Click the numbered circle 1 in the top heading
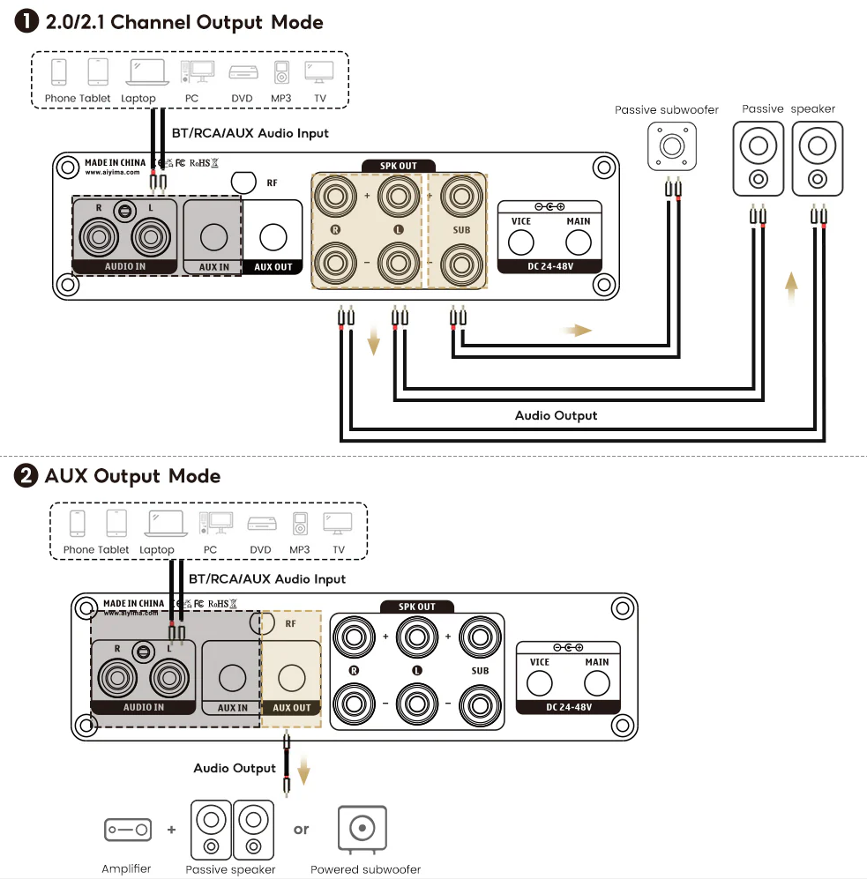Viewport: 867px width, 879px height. (x=27, y=23)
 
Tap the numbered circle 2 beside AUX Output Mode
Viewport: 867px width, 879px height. (x=27, y=476)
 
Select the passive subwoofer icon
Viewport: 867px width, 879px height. (x=672, y=145)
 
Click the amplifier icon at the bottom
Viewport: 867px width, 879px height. (x=127, y=830)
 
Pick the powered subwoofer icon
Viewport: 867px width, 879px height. (x=362, y=830)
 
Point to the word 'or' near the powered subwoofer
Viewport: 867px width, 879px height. (x=302, y=830)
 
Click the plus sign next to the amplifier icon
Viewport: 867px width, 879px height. (x=171, y=830)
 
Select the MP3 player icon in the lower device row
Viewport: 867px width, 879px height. (x=301, y=524)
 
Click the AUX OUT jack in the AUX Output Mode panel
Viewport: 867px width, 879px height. (x=292, y=678)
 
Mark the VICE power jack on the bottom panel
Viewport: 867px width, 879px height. (x=540, y=683)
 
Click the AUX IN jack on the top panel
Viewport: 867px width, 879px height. (x=213, y=236)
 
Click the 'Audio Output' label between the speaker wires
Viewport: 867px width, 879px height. (x=556, y=415)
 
